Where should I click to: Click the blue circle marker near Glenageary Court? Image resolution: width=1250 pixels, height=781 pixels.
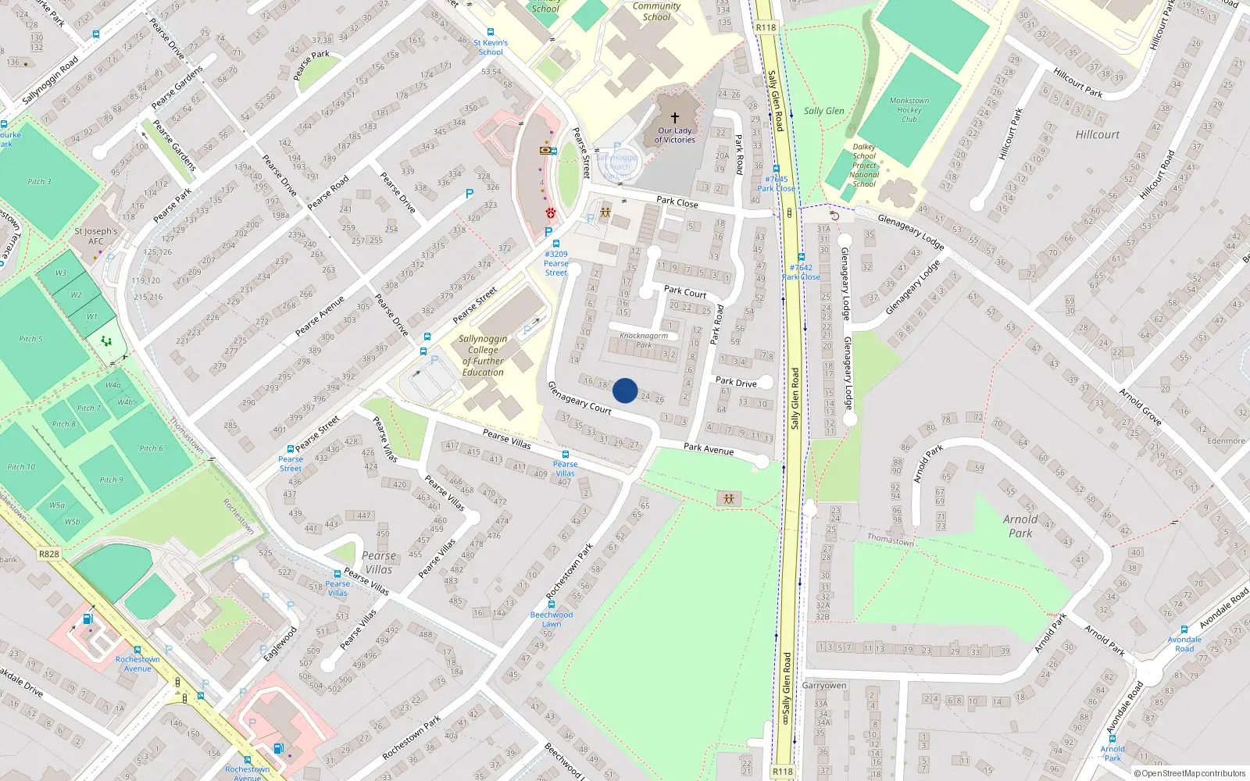[x=625, y=390]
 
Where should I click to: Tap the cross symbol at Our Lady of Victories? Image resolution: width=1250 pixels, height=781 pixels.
[x=675, y=118]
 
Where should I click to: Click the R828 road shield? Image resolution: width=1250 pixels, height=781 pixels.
[x=48, y=554]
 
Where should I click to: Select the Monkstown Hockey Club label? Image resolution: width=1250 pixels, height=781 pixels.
[x=909, y=110]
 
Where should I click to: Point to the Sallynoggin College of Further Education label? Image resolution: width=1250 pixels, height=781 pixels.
[x=483, y=355]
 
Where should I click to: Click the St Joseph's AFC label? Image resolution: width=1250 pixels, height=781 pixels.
[x=95, y=236]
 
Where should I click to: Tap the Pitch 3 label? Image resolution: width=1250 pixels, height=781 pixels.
[x=39, y=181]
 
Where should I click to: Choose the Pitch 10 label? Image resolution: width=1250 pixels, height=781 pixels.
[x=21, y=467]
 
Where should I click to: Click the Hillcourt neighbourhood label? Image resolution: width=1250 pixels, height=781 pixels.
[x=1097, y=134]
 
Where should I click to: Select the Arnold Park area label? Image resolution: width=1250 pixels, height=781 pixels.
[x=1020, y=526]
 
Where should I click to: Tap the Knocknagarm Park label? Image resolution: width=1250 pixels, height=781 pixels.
[x=644, y=340]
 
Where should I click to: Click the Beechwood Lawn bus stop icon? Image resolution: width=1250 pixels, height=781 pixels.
[x=552, y=604]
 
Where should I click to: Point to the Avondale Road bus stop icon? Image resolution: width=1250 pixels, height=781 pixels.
[x=1184, y=629]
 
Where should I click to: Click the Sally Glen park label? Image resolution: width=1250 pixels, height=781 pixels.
[x=823, y=111]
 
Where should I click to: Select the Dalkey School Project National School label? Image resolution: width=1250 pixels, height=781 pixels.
[x=864, y=166]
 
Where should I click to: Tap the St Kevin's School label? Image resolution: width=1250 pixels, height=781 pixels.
[x=490, y=47]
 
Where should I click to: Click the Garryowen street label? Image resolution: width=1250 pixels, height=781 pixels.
[x=823, y=685]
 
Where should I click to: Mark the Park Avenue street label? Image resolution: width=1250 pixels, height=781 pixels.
[x=709, y=448]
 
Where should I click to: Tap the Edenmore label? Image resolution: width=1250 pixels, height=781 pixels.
[x=1226, y=440]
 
